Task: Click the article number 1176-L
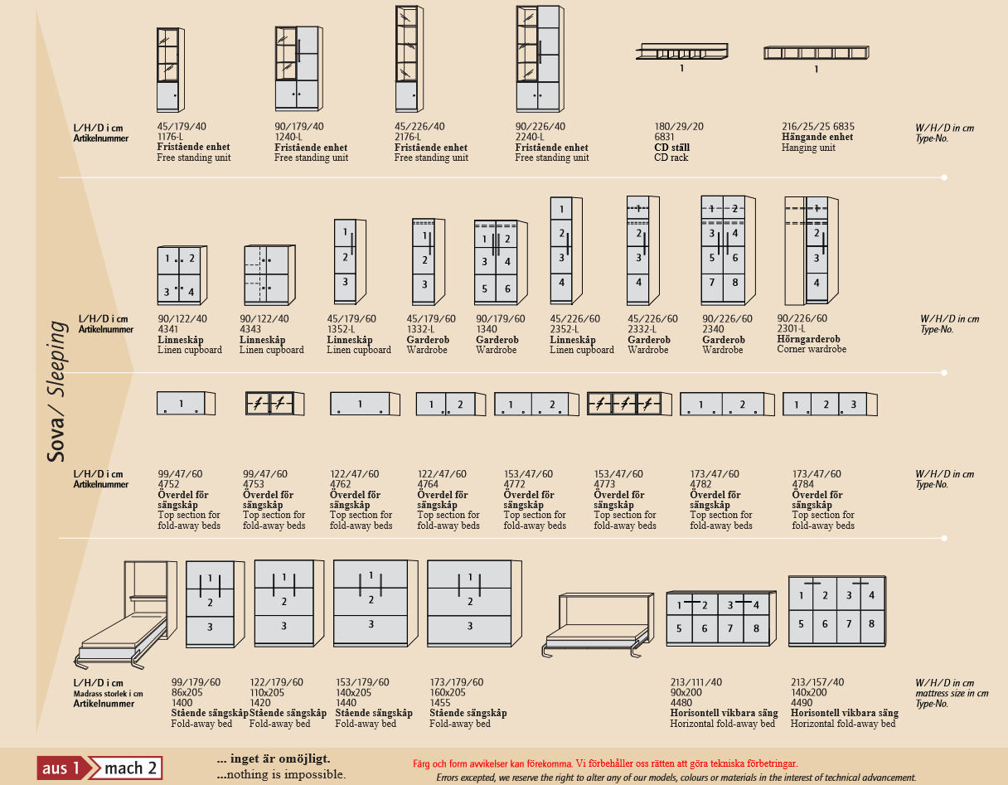pos(170,137)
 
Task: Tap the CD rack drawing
pos(681,51)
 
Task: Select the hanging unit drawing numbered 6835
pos(817,52)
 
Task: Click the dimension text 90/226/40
pos(540,126)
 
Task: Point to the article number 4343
pos(250,329)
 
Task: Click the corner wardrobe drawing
pos(812,250)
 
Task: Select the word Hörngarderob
pos(808,339)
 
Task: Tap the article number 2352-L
pos(564,329)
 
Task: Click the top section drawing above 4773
pos(629,404)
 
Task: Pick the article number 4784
pos(803,484)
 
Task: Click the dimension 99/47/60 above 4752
pos(180,474)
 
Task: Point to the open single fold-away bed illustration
pos(125,615)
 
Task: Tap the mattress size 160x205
pos(448,692)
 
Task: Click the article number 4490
pos(802,702)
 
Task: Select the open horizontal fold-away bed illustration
pos(598,625)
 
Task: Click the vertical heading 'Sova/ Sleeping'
pos(56,391)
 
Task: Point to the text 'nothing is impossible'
pos(285,774)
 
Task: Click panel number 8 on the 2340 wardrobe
pos(734,283)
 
